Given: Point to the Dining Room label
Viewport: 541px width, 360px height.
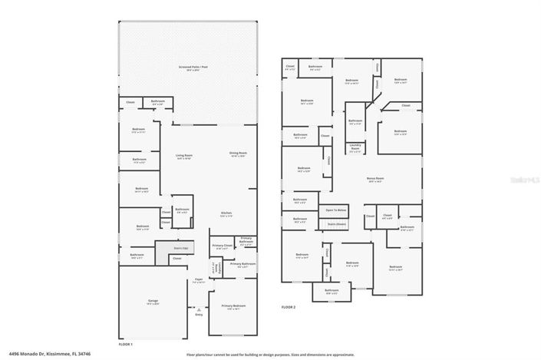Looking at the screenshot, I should pyautogui.click(x=237, y=154).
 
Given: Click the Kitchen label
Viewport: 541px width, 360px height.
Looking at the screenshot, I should pyautogui.click(x=226, y=213).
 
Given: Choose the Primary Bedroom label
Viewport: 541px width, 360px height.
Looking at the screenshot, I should pyautogui.click(x=232, y=306).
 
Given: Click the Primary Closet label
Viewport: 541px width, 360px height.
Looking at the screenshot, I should pyautogui.click(x=222, y=246).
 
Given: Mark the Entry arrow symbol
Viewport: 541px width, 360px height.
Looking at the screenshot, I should pyautogui.click(x=199, y=309).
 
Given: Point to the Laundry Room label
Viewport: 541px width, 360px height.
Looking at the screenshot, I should pyautogui.click(x=355, y=149).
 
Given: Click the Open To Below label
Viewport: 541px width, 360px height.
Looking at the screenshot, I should pyautogui.click(x=337, y=210).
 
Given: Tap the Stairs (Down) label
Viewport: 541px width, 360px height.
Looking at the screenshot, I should pyautogui.click(x=337, y=223).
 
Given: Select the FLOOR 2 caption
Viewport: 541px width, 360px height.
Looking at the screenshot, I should pyautogui.click(x=288, y=306).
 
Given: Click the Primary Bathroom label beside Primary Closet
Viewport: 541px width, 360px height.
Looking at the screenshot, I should pyautogui.click(x=246, y=240).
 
